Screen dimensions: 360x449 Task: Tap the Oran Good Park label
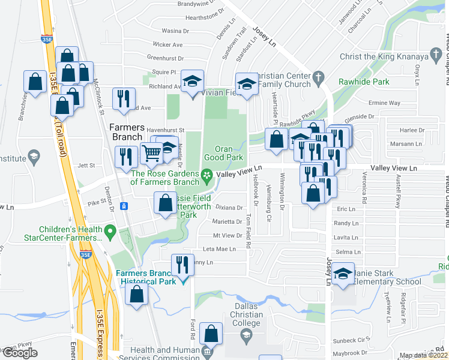coord(230,152)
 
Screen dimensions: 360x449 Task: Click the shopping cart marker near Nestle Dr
coord(151,154)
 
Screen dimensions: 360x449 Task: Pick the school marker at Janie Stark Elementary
coord(342,275)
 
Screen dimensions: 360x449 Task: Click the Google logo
coord(20,352)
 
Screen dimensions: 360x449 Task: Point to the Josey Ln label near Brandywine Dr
coord(264,37)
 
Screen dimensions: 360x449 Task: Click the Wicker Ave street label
coord(167,44)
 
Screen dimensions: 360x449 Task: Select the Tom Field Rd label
coord(247,231)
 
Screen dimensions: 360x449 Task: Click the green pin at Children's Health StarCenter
coord(110,230)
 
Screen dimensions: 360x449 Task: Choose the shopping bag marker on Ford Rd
coord(211,333)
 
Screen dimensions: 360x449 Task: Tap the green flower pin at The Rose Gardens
coord(207,176)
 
